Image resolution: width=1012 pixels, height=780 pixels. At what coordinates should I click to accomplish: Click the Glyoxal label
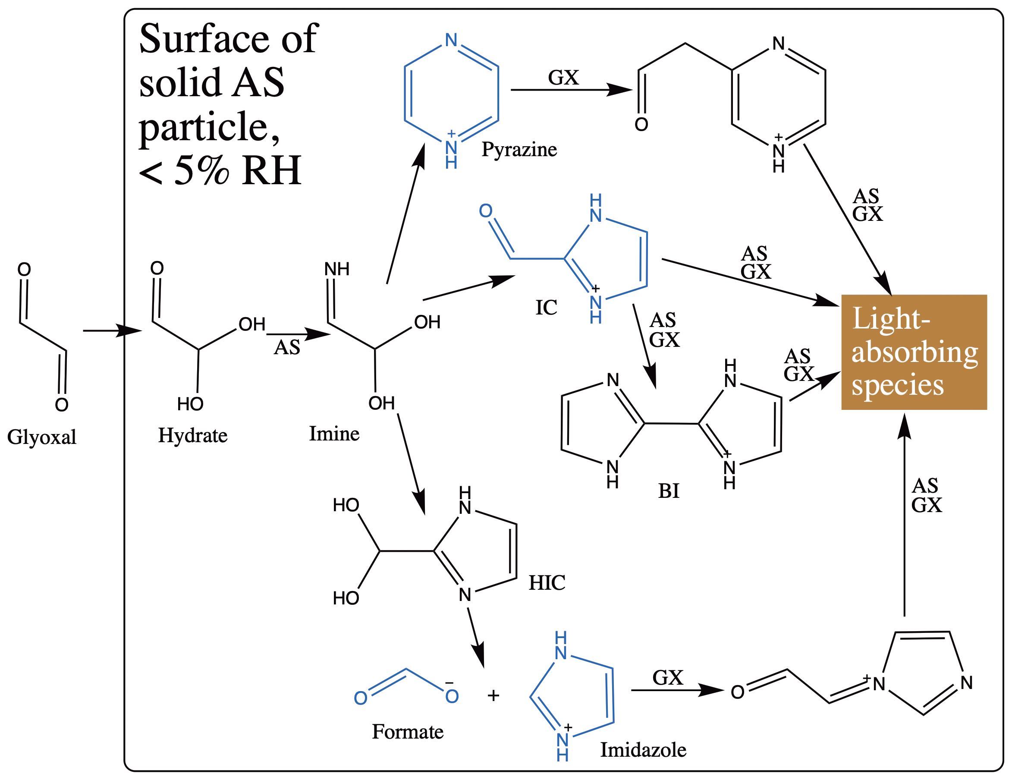pyautogui.click(x=42, y=437)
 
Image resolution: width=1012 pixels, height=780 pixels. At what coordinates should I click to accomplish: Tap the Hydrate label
pyautogui.click(x=193, y=435)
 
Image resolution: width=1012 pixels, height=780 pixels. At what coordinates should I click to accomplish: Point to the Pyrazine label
pyautogui.click(x=519, y=149)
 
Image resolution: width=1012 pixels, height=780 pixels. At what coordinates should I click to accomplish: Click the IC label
pyautogui.click(x=546, y=307)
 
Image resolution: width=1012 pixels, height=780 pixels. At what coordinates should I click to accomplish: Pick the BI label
pyautogui.click(x=669, y=491)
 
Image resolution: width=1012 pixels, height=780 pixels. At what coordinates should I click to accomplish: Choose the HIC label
pyautogui.click(x=547, y=582)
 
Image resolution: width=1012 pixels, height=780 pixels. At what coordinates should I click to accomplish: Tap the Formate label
pyautogui.click(x=408, y=731)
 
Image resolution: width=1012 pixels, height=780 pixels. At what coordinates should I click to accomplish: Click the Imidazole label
pyautogui.click(x=643, y=749)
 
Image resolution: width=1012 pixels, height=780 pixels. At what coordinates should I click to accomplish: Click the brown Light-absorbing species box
pyautogui.click(x=914, y=352)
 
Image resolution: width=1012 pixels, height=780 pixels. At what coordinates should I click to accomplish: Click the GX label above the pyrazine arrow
pyautogui.click(x=563, y=77)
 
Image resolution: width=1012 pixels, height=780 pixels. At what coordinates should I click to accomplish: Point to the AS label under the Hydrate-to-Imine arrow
pyautogui.click(x=287, y=347)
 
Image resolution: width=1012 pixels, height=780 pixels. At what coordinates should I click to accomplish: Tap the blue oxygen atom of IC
pyautogui.click(x=486, y=211)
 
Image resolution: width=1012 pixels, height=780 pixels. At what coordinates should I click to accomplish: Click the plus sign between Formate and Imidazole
pyautogui.click(x=493, y=695)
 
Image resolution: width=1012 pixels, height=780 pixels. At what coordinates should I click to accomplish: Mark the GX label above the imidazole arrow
pyautogui.click(x=668, y=678)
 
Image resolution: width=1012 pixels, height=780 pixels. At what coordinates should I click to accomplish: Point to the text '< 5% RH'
pyautogui.click(x=220, y=170)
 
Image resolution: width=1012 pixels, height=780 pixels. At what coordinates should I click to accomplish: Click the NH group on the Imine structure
pyautogui.click(x=337, y=269)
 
